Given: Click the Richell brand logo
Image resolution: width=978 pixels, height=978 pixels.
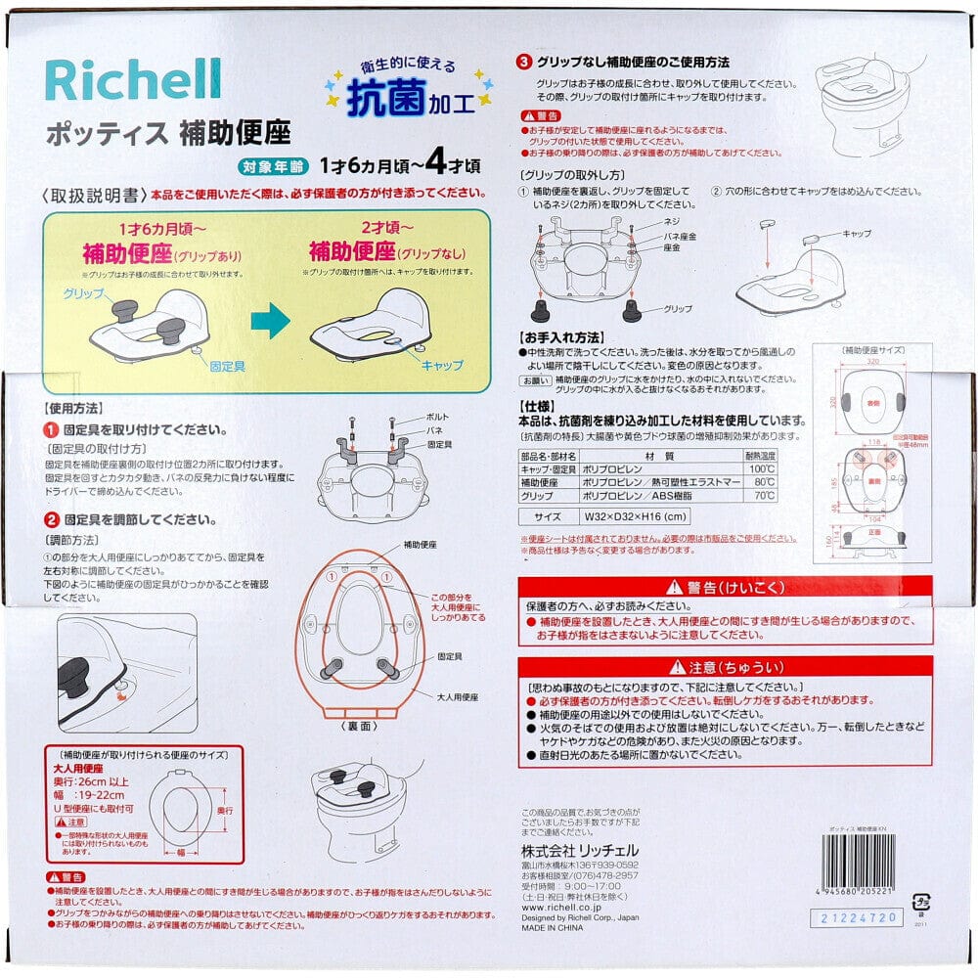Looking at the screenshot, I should tap(133, 80).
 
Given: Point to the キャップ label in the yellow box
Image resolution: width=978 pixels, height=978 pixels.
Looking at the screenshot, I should tap(442, 364).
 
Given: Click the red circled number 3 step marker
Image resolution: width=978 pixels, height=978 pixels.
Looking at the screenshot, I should tap(524, 63).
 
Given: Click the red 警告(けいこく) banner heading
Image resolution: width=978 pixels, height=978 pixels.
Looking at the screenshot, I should tap(725, 588).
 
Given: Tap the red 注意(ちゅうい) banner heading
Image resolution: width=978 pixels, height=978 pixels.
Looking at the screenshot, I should tap(725, 667).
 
